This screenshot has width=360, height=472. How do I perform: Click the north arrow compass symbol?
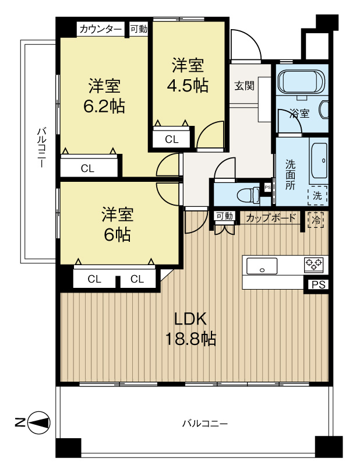(38, 422)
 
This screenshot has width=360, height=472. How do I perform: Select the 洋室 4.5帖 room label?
(187, 75)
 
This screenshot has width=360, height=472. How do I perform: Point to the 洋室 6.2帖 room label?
(105, 96)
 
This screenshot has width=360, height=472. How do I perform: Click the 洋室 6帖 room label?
(118, 224)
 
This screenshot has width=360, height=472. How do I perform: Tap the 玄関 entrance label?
(244, 86)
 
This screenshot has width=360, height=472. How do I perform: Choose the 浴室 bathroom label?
(301, 113)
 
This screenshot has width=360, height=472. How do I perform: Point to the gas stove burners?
(315, 265)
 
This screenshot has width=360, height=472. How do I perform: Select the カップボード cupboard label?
(271, 218)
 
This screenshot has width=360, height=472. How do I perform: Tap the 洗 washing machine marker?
(317, 196)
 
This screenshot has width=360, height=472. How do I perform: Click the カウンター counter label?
(101, 29)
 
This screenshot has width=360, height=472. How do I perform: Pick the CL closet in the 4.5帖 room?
(172, 139)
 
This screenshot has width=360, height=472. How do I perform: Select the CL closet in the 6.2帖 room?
(87, 168)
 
